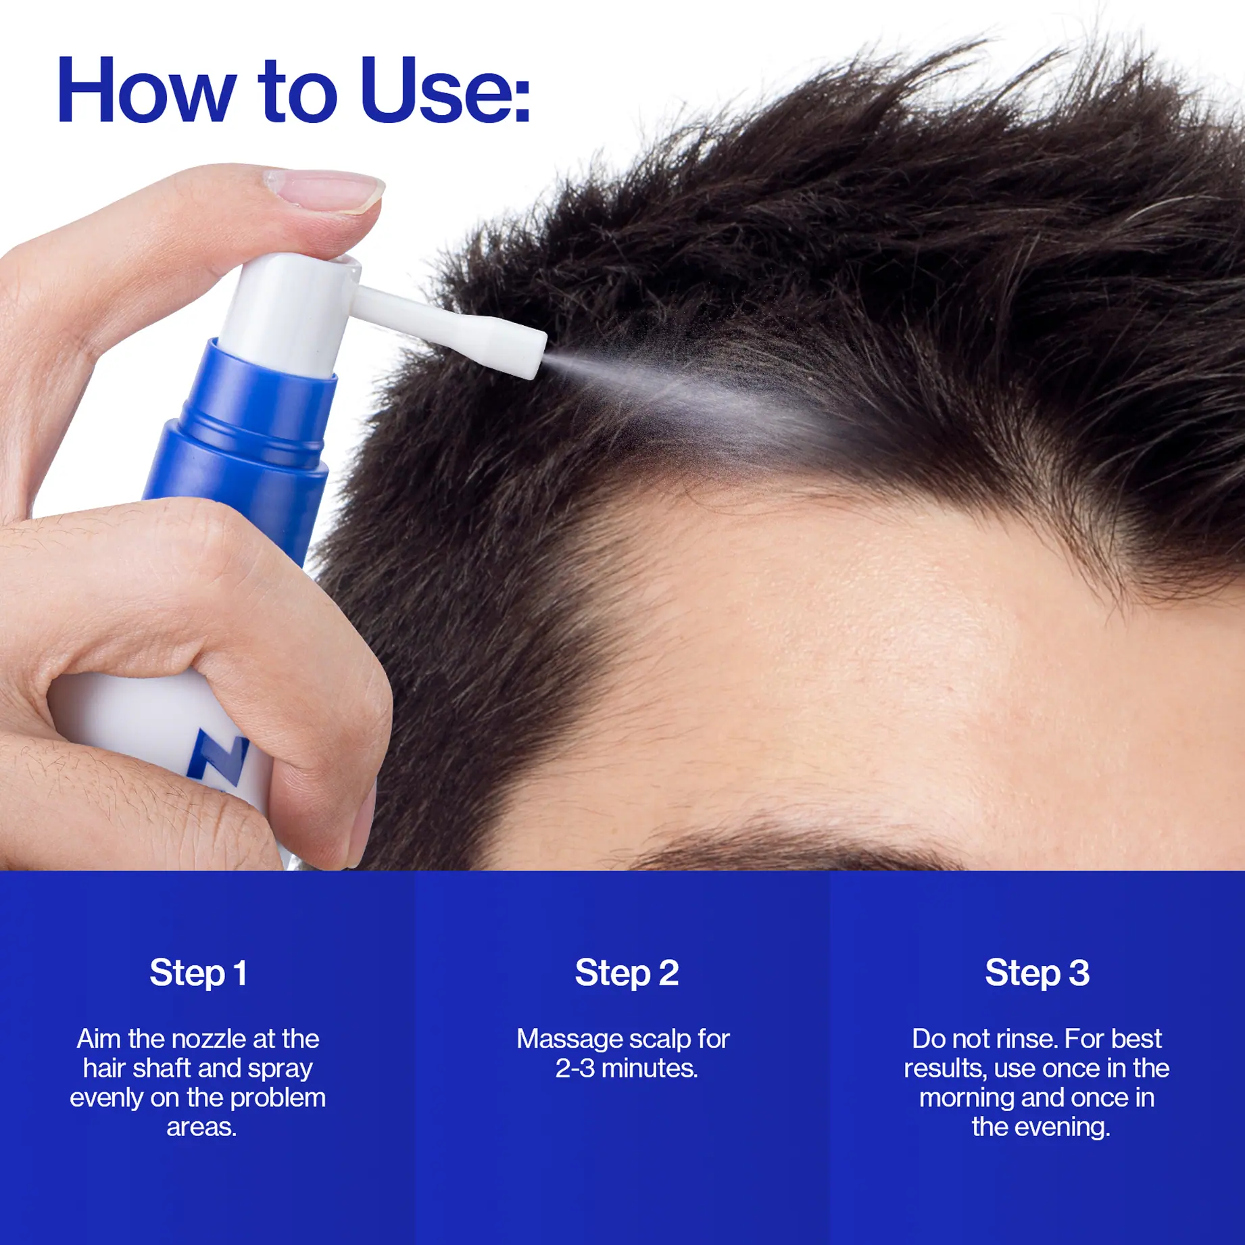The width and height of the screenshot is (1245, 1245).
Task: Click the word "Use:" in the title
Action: (445, 90)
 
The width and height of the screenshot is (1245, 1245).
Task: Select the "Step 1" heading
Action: (198, 974)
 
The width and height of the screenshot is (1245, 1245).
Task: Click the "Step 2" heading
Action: (627, 974)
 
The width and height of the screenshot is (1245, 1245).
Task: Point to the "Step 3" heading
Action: (1037, 974)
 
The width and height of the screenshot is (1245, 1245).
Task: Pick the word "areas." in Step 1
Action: (201, 1127)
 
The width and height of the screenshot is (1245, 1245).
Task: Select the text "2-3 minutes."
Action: (627, 1068)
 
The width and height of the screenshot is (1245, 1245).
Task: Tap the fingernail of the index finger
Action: (324, 190)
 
